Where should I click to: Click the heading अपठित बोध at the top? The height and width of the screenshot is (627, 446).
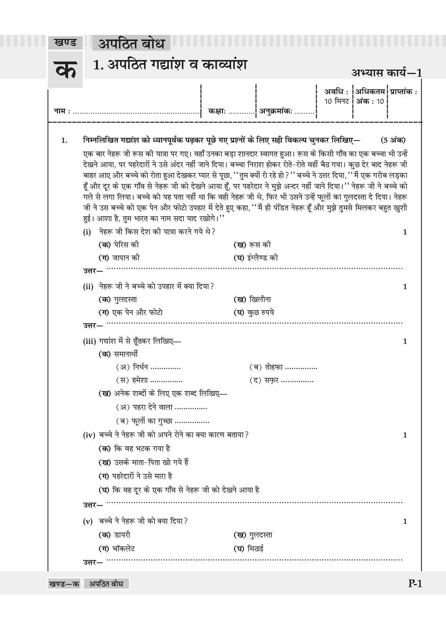point(131,44)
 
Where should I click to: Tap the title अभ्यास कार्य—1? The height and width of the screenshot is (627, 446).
point(386,73)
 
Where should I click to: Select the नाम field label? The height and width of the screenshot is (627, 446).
point(59,111)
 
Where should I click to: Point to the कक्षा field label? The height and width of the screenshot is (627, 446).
point(216,111)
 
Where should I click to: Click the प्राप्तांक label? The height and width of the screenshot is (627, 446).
point(403,92)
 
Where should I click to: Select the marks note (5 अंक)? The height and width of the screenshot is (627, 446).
point(392,140)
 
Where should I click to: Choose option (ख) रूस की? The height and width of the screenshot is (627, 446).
point(252,245)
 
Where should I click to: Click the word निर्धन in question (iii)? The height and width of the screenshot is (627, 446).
point(141,367)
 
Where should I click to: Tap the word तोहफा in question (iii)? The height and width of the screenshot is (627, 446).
point(274,367)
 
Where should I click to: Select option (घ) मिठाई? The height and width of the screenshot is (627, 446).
point(249,549)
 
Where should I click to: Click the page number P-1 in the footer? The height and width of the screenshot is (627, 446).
point(415,584)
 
